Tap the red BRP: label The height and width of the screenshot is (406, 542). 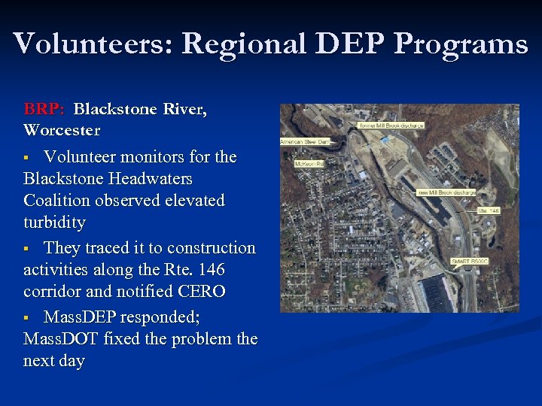click(x=44, y=109)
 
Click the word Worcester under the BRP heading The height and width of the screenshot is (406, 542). click(x=62, y=130)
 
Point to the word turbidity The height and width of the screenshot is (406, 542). click(x=54, y=223)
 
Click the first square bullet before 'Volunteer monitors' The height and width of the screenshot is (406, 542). click(x=27, y=158)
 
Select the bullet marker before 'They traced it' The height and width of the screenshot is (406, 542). click(x=27, y=248)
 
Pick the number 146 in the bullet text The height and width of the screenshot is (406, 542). click(x=208, y=269)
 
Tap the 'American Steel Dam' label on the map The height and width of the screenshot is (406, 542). click(x=305, y=141)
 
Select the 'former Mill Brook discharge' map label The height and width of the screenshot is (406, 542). click(x=391, y=125)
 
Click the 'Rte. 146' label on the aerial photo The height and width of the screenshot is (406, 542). click(x=488, y=211)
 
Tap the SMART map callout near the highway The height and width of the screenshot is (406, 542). click(x=469, y=261)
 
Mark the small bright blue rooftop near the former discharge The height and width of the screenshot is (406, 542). click(x=385, y=140)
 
